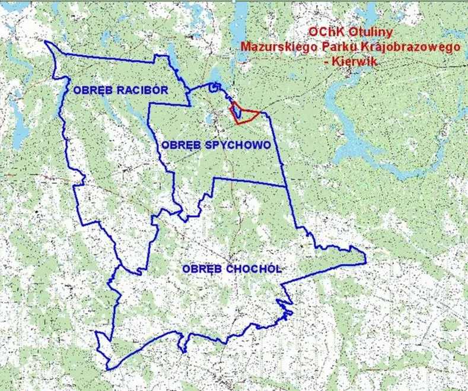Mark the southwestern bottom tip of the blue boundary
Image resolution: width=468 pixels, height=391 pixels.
click(109, 368)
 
